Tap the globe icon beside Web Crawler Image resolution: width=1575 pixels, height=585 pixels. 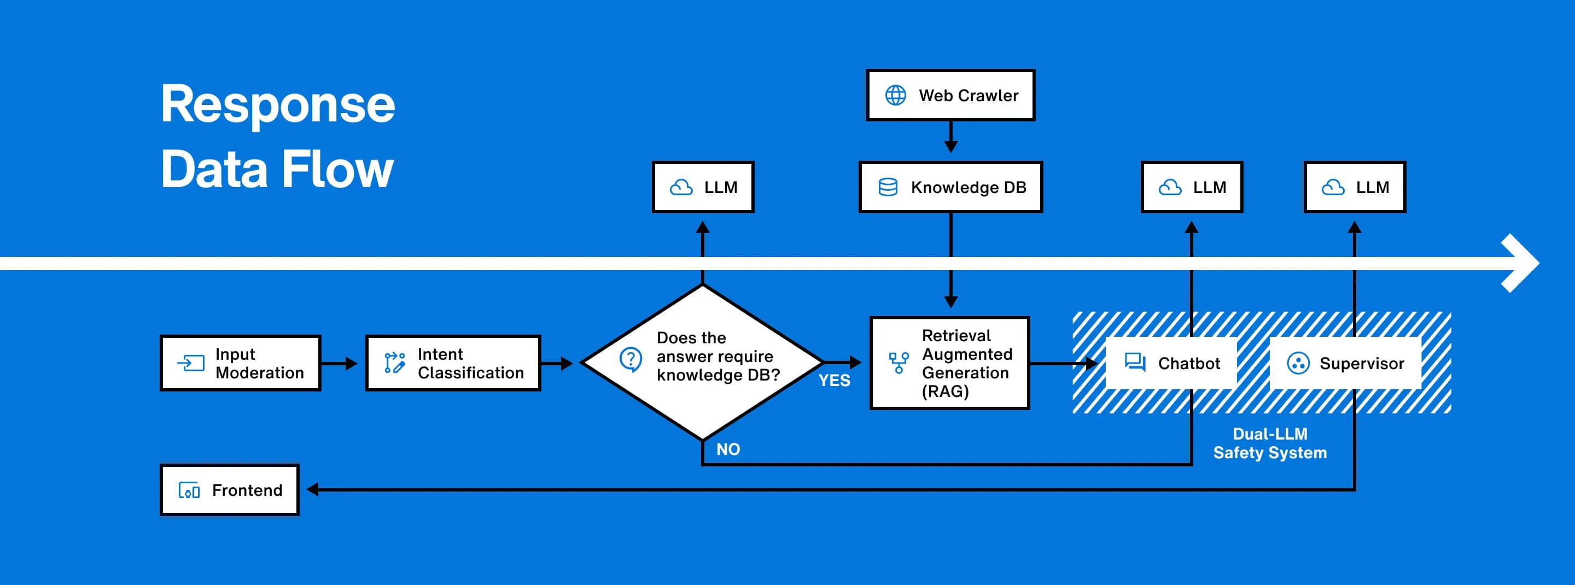pyautogui.click(x=896, y=95)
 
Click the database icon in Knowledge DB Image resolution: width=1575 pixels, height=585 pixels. pyautogui.click(x=888, y=187)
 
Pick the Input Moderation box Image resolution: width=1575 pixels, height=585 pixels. pyautogui.click(x=240, y=363)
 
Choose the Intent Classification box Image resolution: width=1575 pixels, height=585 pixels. pyautogui.click(x=453, y=363)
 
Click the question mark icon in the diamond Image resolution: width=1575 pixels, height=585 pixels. pyautogui.click(x=631, y=359)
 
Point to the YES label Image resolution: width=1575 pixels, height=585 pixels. pyautogui.click(x=834, y=380)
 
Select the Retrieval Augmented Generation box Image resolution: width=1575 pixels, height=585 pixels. pyautogui.click(x=949, y=363)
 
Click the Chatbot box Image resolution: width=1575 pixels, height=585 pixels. pyautogui.click(x=1171, y=363)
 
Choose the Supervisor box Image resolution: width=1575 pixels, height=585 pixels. pyautogui.click(x=1346, y=363)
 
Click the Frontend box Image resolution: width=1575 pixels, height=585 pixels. pyautogui.click(x=229, y=490)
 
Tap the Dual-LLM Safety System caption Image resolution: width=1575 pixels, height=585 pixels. pyautogui.click(x=1270, y=443)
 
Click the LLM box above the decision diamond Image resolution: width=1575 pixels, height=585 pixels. pyautogui.click(x=703, y=187)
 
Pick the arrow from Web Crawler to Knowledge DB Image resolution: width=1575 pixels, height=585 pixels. pyautogui.click(x=951, y=138)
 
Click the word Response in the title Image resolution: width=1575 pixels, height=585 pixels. pyautogui.click(x=278, y=104)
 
